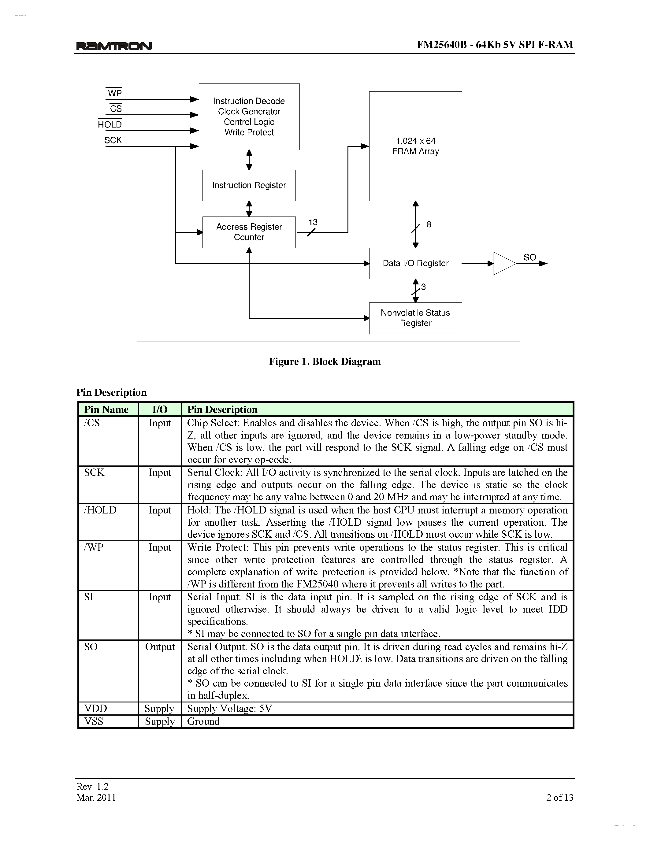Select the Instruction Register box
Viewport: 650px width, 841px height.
pyautogui.click(x=249, y=185)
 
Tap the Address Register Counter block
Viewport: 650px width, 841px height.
pyautogui.click(x=249, y=232)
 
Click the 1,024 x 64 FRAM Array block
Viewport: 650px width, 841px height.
pyautogui.click(x=415, y=146)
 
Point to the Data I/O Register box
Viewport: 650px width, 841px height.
pyautogui.click(x=415, y=263)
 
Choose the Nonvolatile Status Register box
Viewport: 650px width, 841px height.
pyautogui.click(x=415, y=318)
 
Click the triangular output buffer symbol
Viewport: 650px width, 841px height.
pyautogui.click(x=503, y=263)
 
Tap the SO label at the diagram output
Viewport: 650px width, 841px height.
pyautogui.click(x=529, y=257)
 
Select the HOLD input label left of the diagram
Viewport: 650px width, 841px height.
pyautogui.click(x=110, y=124)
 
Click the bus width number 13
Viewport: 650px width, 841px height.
pyautogui.click(x=313, y=222)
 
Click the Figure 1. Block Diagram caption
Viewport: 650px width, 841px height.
pyautogui.click(x=325, y=361)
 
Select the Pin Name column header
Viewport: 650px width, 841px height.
pyautogui.click(x=106, y=409)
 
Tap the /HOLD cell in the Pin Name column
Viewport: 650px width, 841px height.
pyautogui.click(x=100, y=510)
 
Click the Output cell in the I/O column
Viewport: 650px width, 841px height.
pyautogui.click(x=160, y=646)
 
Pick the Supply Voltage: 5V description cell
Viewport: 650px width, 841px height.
pyautogui.click(x=229, y=708)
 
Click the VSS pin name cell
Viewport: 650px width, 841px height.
pyautogui.click(x=94, y=721)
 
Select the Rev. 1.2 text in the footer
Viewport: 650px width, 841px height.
pyautogui.click(x=92, y=786)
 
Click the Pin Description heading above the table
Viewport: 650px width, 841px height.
pyautogui.click(x=112, y=392)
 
